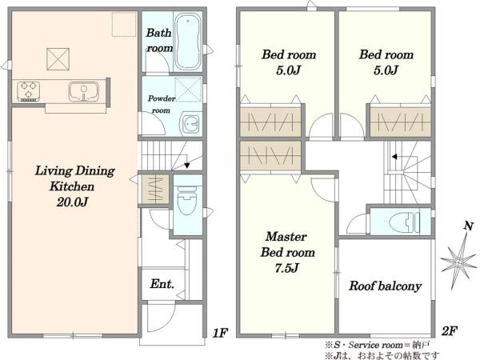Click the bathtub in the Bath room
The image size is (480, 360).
tap(188, 41)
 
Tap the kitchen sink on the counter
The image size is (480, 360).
tap(83, 91)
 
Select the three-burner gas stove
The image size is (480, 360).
tap(29, 91)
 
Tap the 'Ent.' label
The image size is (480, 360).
tap(162, 284)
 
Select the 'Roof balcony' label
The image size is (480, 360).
tap(386, 286)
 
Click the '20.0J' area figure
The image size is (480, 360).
tap(72, 202)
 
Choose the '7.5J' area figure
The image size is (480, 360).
tap(286, 268)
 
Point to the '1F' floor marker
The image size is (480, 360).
tap(220, 333)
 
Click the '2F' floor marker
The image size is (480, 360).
tap(450, 331)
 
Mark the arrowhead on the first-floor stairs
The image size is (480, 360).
tap(186, 166)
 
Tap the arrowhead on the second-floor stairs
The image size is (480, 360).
tap(394, 157)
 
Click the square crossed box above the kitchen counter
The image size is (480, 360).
tap(58, 59)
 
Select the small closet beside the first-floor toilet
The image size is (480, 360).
tap(155, 190)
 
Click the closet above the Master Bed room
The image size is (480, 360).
tap(270, 155)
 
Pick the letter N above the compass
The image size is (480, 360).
tap(468, 226)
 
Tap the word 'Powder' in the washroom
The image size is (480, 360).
tap(162, 98)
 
